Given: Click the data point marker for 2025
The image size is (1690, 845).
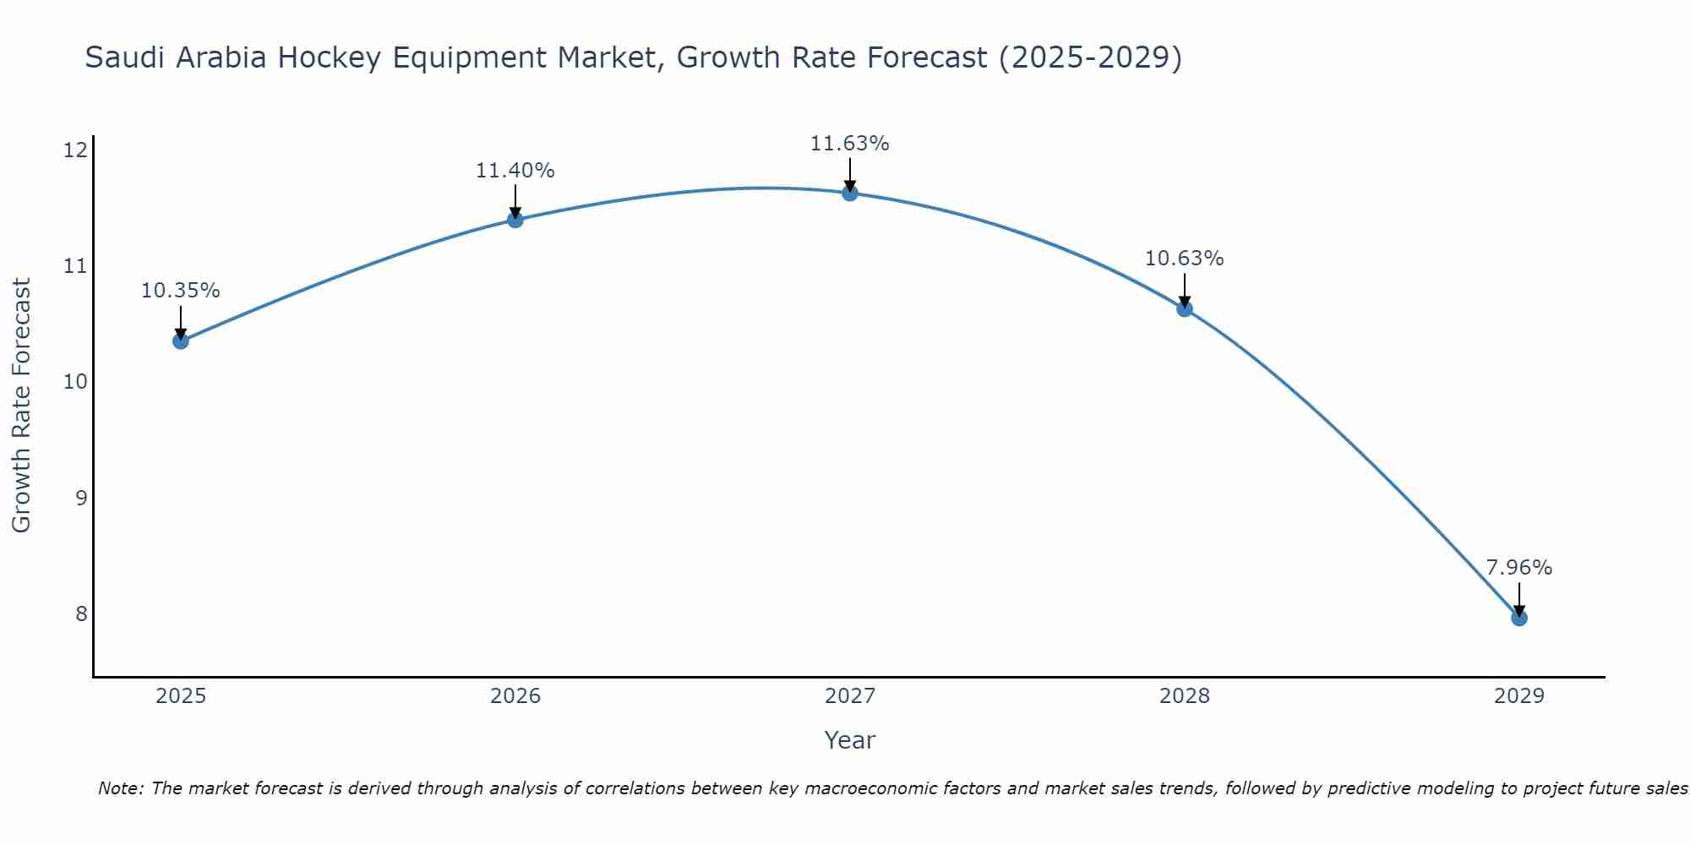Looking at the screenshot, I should [180, 341].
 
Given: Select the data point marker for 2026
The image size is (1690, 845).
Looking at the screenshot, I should [515, 220].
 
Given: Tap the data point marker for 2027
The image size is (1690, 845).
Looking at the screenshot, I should [849, 193].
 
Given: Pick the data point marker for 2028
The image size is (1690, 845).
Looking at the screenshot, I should [1184, 308].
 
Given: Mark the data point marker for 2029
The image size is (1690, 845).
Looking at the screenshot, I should [1518, 618].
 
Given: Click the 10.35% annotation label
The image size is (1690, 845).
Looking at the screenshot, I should [180, 291].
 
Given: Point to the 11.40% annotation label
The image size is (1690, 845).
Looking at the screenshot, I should [515, 171].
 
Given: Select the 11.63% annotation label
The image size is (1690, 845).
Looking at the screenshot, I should [849, 144].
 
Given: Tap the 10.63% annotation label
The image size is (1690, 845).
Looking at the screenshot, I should [1184, 259].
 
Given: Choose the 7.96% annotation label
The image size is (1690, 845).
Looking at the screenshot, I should [1518, 568].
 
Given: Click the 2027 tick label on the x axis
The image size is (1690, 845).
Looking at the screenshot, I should [849, 696].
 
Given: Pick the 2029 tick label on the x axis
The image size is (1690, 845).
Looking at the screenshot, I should [1518, 696].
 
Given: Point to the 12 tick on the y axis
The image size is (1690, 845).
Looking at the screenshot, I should [76, 150].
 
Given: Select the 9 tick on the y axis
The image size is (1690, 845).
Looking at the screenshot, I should [81, 498].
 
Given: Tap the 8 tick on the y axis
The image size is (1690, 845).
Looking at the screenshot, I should [81, 613].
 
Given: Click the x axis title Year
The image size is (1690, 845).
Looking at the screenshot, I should [849, 740].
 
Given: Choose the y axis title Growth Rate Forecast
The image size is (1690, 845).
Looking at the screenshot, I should [22, 406].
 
